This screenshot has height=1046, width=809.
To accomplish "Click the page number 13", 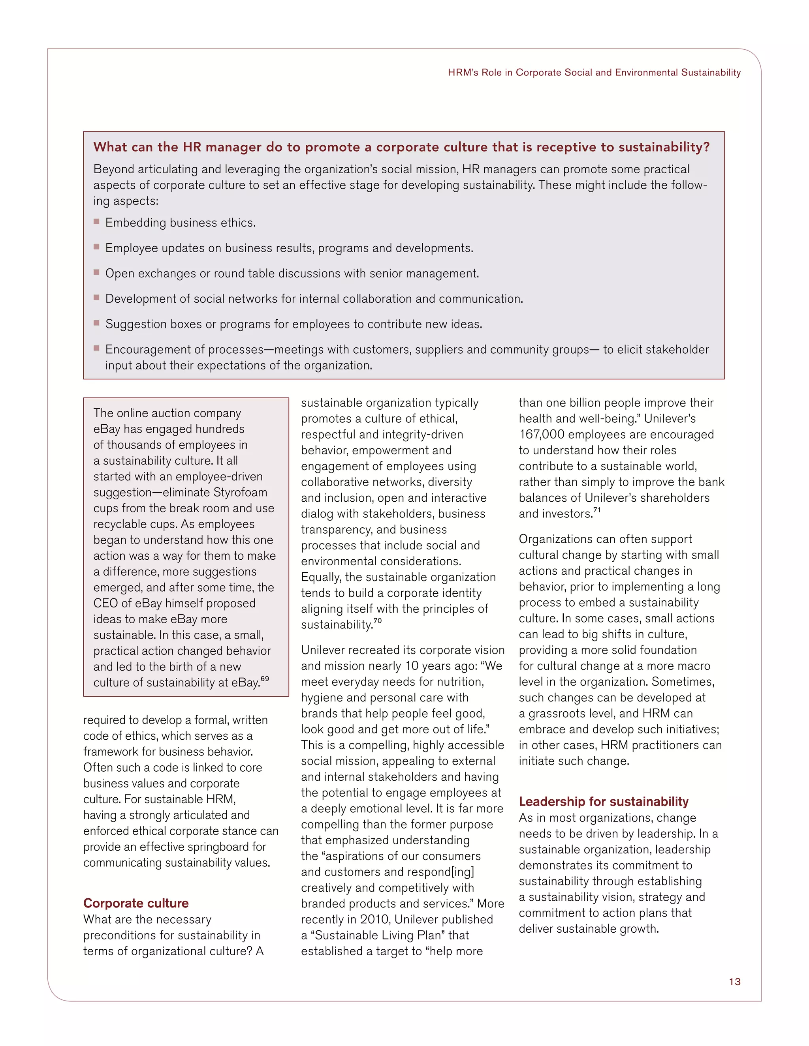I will click(734, 981).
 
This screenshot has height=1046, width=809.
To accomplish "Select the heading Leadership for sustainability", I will click(604, 801).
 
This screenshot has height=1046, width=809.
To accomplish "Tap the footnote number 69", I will click(265, 679).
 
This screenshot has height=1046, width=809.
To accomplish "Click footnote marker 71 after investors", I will click(597, 510).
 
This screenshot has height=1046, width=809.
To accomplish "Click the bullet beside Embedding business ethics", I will click(96, 222).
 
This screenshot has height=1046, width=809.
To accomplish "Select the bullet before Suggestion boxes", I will click(96, 323).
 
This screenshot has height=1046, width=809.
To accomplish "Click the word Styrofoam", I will click(240, 492).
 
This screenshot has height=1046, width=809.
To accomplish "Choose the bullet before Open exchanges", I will click(96, 272).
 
